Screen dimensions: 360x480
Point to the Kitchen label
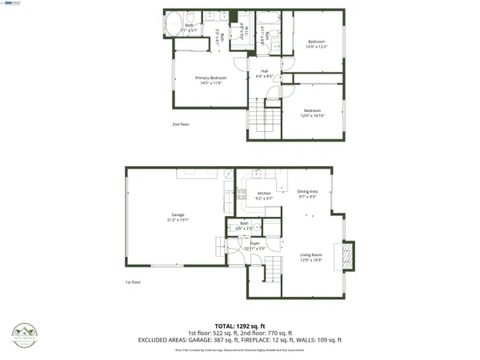coord(263,194)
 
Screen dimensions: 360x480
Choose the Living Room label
coord(310,256)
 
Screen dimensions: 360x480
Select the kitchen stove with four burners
coord(242,192)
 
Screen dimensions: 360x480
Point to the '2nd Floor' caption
coord(181,125)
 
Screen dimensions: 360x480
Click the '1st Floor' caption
coord(133,282)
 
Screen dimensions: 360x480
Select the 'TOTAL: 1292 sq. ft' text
coord(240,326)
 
